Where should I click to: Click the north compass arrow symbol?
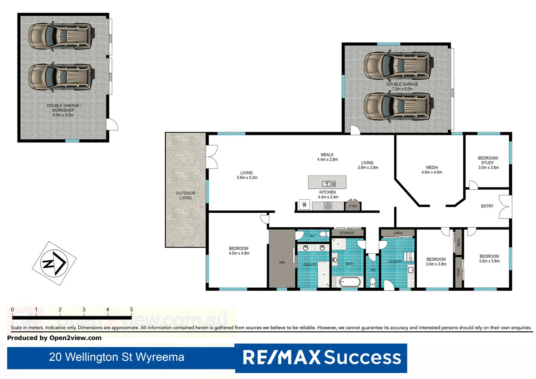[54, 263]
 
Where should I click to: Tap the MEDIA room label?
[432, 167]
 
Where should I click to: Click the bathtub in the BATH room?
[349, 281]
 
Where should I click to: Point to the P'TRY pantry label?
[353, 206]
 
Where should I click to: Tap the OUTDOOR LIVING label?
[186, 195]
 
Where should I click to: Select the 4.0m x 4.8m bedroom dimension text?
[239, 253]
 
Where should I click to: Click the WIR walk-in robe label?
[282, 262]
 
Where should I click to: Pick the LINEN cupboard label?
[398, 233]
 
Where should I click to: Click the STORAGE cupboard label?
[347, 233]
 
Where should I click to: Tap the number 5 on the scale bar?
[132, 310]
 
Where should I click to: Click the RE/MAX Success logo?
[321, 358]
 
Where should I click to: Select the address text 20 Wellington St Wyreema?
[116, 357]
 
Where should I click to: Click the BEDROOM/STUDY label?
[488, 160]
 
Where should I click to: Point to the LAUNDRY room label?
[395, 262]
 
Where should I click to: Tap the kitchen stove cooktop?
[328, 206]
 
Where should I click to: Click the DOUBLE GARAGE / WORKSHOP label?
[64, 108]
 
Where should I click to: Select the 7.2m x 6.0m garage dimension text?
[402, 89]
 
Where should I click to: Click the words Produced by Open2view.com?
[54, 338]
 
